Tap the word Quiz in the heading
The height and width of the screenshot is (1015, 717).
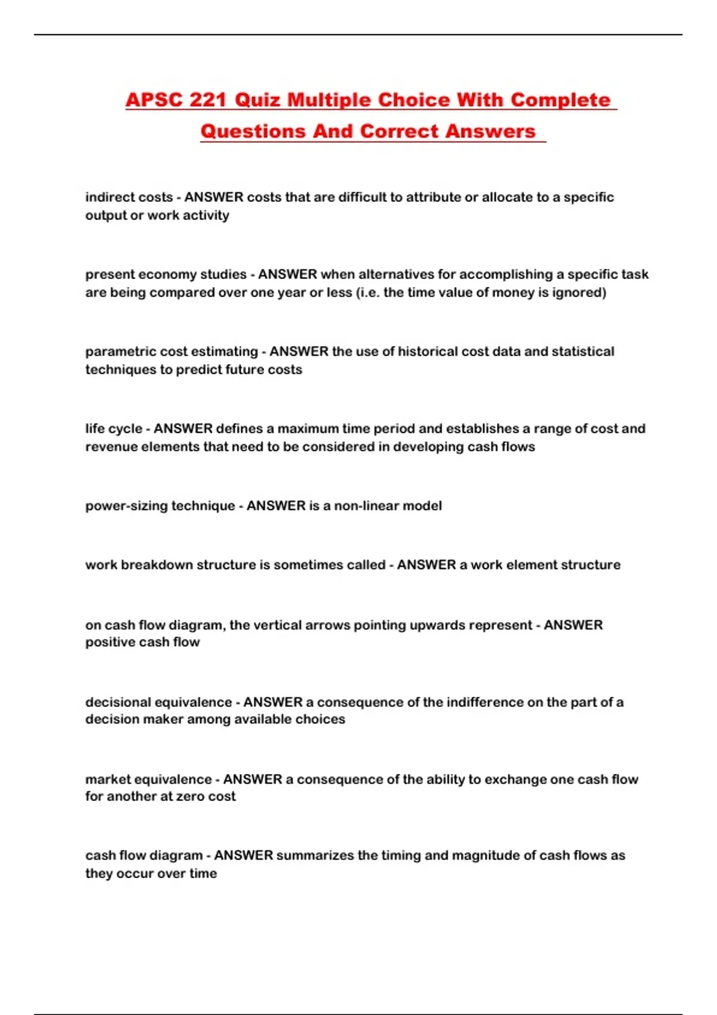tap(257, 100)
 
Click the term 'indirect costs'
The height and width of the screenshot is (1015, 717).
tap(129, 197)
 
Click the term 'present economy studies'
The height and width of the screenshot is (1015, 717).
tap(166, 274)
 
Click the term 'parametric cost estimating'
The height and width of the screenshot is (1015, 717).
tap(171, 351)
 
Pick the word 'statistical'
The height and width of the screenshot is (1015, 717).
tap(583, 351)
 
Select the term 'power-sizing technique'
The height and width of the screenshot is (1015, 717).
tap(160, 506)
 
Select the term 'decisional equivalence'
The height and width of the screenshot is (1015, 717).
tap(158, 702)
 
